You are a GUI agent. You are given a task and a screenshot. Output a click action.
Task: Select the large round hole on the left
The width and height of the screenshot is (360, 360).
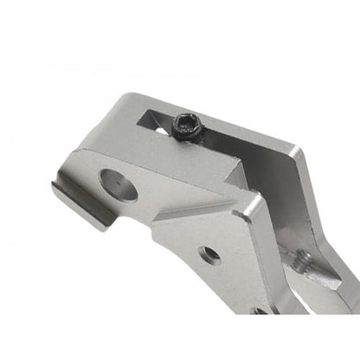coord(119,183)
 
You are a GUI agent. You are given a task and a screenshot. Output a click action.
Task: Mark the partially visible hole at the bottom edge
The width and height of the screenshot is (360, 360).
coord(258,310)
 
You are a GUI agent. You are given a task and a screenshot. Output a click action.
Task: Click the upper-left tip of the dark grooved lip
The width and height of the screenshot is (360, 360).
coord(56,184)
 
